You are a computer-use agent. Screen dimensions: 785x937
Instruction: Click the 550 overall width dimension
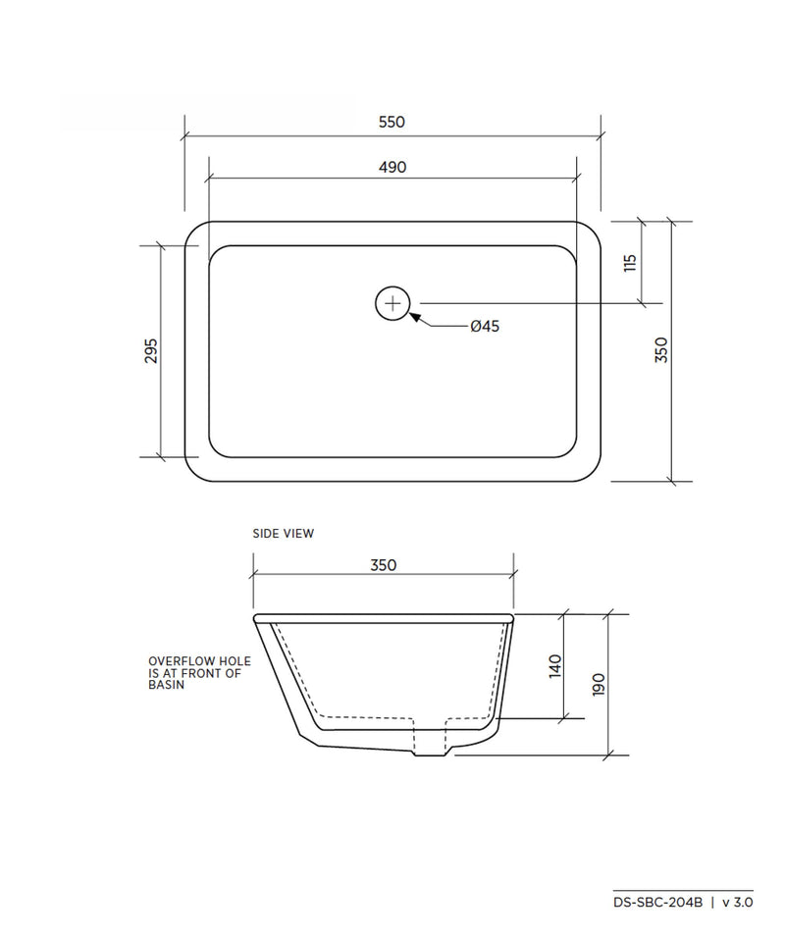point(392,122)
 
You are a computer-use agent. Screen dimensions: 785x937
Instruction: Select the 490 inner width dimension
point(392,168)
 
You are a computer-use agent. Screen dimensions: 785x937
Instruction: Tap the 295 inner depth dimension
point(152,351)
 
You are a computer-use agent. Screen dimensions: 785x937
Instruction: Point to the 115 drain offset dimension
point(630,263)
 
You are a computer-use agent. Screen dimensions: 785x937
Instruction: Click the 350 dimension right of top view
point(661,350)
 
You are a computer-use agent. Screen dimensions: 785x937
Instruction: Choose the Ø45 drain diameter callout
point(485,327)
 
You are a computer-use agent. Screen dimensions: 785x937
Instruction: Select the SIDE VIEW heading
point(284,534)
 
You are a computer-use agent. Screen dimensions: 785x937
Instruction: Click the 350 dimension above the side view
point(383,565)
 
